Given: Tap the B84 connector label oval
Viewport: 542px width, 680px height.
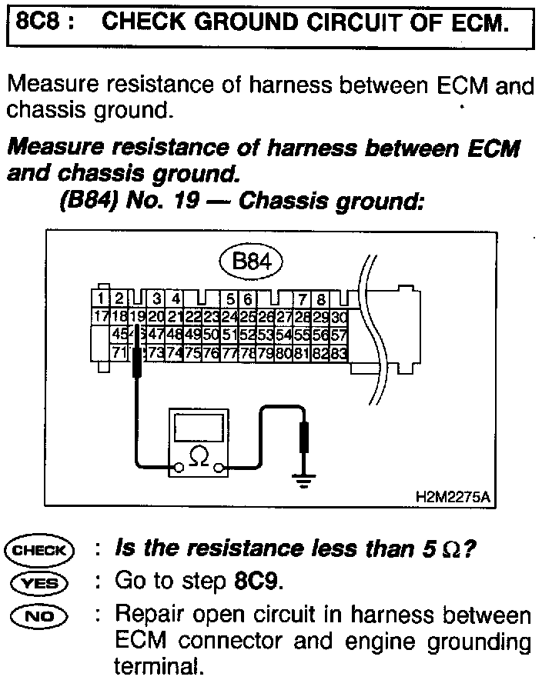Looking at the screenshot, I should point(251,262).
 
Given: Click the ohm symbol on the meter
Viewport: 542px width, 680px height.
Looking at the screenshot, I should point(199,457).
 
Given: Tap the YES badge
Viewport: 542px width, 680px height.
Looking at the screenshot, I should point(39,582).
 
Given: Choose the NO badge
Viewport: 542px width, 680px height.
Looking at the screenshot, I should point(39,615).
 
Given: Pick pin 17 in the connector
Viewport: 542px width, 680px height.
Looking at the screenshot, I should point(99,317).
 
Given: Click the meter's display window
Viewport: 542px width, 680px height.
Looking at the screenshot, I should point(199,426).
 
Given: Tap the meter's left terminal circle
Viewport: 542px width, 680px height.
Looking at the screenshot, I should point(177,466).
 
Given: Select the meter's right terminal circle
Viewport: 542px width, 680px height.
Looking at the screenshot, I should point(220,466).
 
